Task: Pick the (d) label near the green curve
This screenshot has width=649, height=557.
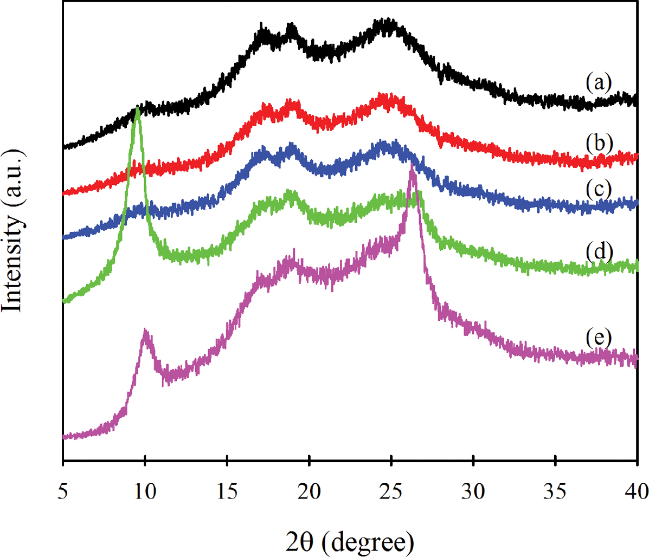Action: click(x=599, y=251)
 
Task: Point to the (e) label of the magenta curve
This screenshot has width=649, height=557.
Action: click(x=599, y=339)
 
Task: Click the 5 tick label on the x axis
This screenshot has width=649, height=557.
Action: click(x=63, y=493)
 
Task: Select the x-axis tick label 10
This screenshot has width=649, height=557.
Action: click(x=145, y=493)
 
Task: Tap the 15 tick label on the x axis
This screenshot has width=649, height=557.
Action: click(x=227, y=493)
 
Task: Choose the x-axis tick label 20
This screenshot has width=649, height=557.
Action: click(x=309, y=493)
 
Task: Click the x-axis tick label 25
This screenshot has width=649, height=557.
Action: click(x=391, y=493)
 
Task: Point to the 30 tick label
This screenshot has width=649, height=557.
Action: click(x=473, y=493)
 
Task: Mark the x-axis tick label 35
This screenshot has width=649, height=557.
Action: click(x=555, y=493)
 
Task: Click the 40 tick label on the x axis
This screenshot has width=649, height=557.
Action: click(x=635, y=493)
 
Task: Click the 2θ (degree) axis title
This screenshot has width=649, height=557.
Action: click(x=350, y=540)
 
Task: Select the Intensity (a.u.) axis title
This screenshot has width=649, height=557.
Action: click(x=14, y=230)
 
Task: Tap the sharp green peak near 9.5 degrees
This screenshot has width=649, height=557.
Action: click(x=137, y=111)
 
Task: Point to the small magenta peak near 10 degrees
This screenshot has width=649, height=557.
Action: click(x=145, y=332)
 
